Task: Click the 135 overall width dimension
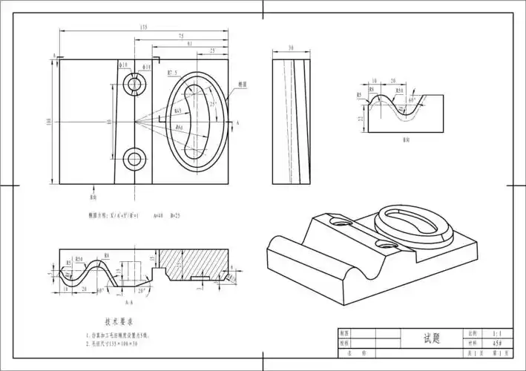pyautogui.click(x=142, y=27)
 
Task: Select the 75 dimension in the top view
pyautogui.click(x=181, y=36)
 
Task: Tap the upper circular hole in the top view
pyautogui.click(x=135, y=84)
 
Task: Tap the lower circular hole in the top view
pyautogui.click(x=135, y=158)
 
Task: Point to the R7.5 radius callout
pyautogui.click(x=172, y=73)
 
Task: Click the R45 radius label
pyautogui.click(x=179, y=111)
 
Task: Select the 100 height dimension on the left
pyautogui.click(x=49, y=122)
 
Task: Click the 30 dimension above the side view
pyautogui.click(x=290, y=47)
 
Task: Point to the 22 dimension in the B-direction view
pyautogui.click(x=361, y=118)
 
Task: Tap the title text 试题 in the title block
pyautogui.click(x=432, y=338)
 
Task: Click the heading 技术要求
pyautogui.click(x=119, y=322)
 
